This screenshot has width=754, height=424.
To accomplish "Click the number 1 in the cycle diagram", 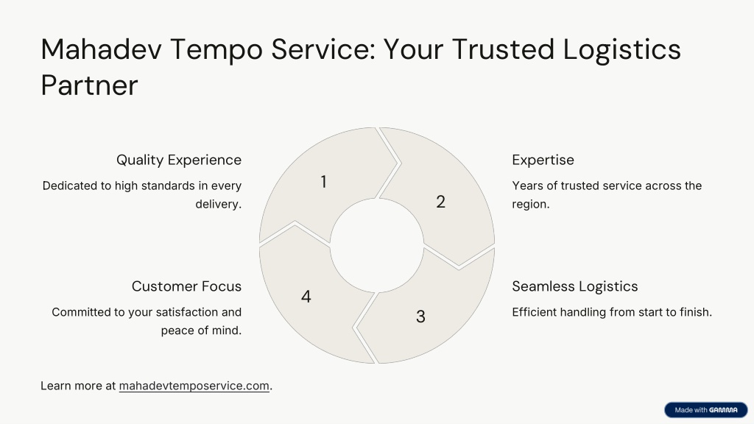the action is [x=324, y=182].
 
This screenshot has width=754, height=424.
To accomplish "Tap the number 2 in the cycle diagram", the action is [x=440, y=202].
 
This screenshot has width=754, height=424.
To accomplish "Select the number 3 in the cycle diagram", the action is [x=420, y=317].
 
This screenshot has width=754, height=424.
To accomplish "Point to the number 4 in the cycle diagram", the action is [x=306, y=296].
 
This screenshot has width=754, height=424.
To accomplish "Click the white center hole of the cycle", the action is [x=377, y=245].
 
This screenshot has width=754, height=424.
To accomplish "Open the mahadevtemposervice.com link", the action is [x=194, y=386].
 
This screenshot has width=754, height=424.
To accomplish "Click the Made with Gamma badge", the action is [x=706, y=410].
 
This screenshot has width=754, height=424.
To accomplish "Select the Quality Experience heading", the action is [x=179, y=160].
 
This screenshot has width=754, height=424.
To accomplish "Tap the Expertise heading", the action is [x=543, y=160].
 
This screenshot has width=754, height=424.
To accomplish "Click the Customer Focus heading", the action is [x=186, y=286].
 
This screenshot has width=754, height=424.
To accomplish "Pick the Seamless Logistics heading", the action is [x=574, y=286].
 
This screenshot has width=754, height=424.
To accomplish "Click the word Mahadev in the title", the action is [x=102, y=49].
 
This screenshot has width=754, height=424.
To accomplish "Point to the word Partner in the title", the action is [x=89, y=85].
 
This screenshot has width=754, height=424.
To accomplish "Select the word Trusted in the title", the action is [x=503, y=49].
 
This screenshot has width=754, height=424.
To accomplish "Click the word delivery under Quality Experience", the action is [x=218, y=204].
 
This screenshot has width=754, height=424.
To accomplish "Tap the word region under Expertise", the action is [x=530, y=204].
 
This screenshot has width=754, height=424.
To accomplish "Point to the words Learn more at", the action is [x=78, y=386].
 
